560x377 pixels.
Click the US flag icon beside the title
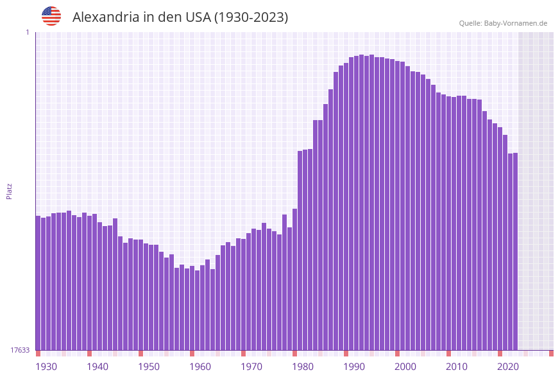click(x=51, y=16)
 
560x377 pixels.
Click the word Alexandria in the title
click(x=105, y=17)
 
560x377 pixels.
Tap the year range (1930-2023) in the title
click(x=251, y=17)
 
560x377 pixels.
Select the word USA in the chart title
click(x=196, y=17)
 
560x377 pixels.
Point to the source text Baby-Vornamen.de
click(x=515, y=23)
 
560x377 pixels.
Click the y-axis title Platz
click(x=9, y=191)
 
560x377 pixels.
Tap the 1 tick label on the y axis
click(x=27, y=32)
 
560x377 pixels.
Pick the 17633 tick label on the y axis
click(x=20, y=350)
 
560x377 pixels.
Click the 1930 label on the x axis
click(x=46, y=367)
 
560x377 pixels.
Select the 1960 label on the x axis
click(x=200, y=367)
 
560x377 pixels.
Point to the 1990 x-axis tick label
click(x=354, y=367)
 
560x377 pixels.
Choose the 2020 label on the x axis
click(x=508, y=367)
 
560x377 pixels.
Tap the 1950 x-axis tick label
click(x=149, y=367)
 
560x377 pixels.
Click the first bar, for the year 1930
click(x=38, y=283)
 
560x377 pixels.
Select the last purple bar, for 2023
click(x=515, y=251)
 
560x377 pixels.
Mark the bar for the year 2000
click(x=398, y=206)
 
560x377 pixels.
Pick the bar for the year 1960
click(x=192, y=308)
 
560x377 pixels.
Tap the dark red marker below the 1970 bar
click(x=244, y=353)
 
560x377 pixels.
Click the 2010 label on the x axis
click(x=457, y=367)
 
